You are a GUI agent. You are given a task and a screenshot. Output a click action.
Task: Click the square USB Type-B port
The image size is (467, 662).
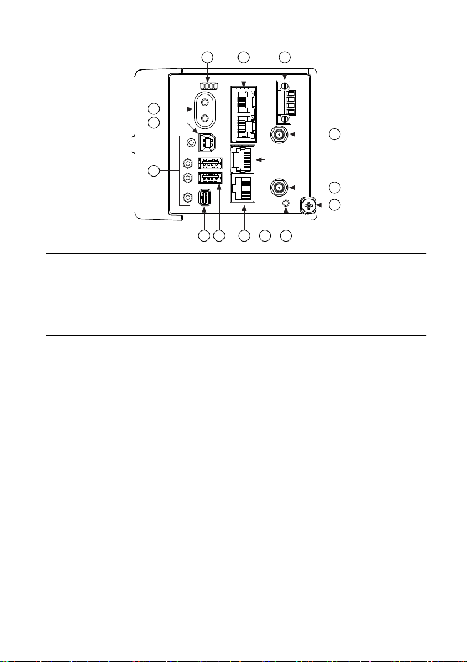point(207,143)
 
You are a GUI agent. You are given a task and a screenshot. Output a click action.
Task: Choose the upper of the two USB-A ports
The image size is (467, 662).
point(210,164)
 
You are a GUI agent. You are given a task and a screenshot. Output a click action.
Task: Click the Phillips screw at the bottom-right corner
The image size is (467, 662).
point(309,205)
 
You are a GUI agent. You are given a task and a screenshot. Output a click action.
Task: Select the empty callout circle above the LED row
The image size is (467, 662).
point(207,57)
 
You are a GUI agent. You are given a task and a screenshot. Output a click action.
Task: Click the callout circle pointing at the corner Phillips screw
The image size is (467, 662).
point(334,205)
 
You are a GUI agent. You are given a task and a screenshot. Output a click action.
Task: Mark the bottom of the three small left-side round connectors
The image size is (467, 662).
point(187,197)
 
